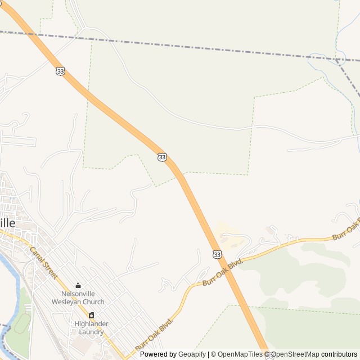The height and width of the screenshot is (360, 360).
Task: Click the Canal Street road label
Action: (43, 263)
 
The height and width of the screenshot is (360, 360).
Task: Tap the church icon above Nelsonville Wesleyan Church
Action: (78, 286)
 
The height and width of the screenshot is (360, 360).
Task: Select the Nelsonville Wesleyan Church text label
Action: (78, 298)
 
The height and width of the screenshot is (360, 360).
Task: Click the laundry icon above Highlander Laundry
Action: (91, 316)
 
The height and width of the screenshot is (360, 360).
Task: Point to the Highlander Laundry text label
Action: (91, 327)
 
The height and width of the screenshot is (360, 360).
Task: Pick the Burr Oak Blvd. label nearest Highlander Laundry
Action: (153, 334)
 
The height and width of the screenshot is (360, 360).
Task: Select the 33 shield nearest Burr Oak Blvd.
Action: (217, 255)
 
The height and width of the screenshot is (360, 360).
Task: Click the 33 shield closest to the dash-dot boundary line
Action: (60, 71)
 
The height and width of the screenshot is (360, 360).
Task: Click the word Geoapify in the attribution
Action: (192, 354)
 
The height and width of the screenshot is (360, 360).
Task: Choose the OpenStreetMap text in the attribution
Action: (295, 354)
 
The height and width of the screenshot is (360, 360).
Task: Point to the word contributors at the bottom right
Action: (339, 354)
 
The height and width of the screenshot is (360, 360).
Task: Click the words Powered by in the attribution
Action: (158, 354)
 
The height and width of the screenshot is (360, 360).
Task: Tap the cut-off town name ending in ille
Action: (7, 222)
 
